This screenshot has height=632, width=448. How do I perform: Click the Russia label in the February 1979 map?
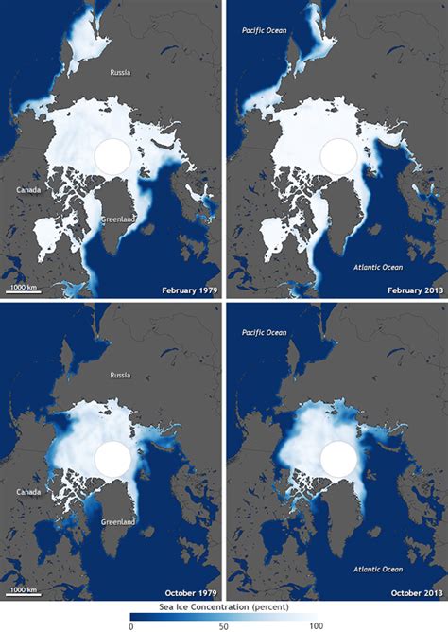coord(119,72)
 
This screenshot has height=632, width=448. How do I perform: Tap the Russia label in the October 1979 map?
coord(119,375)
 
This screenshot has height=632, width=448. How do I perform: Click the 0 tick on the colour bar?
coord(131,625)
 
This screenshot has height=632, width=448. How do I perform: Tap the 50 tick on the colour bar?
coord(223,625)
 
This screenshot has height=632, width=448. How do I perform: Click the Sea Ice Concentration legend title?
coord(223,604)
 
